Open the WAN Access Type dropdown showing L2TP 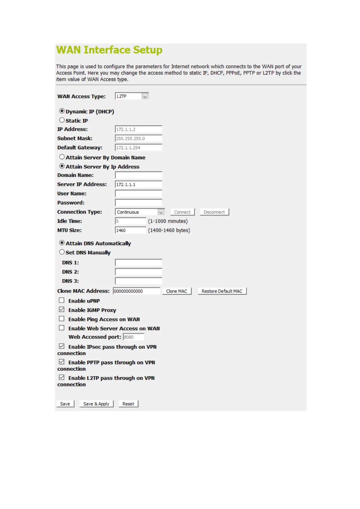(x=132, y=96)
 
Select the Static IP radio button (x=62, y=120)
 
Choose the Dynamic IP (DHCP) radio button (x=62, y=111)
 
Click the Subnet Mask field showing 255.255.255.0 (x=138, y=138)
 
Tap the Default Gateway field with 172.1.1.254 (x=138, y=148)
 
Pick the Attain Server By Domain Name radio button (x=62, y=157)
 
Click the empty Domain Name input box (x=138, y=175)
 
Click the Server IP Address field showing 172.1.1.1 (x=138, y=184)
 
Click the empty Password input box (x=138, y=203)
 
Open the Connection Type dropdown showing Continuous (x=140, y=212)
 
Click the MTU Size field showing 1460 (x=131, y=230)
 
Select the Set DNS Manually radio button (x=62, y=252)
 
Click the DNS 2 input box (x=138, y=272)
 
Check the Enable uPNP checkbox (x=62, y=300)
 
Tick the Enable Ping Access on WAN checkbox (x=62, y=319)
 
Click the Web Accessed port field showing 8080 (x=133, y=337)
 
